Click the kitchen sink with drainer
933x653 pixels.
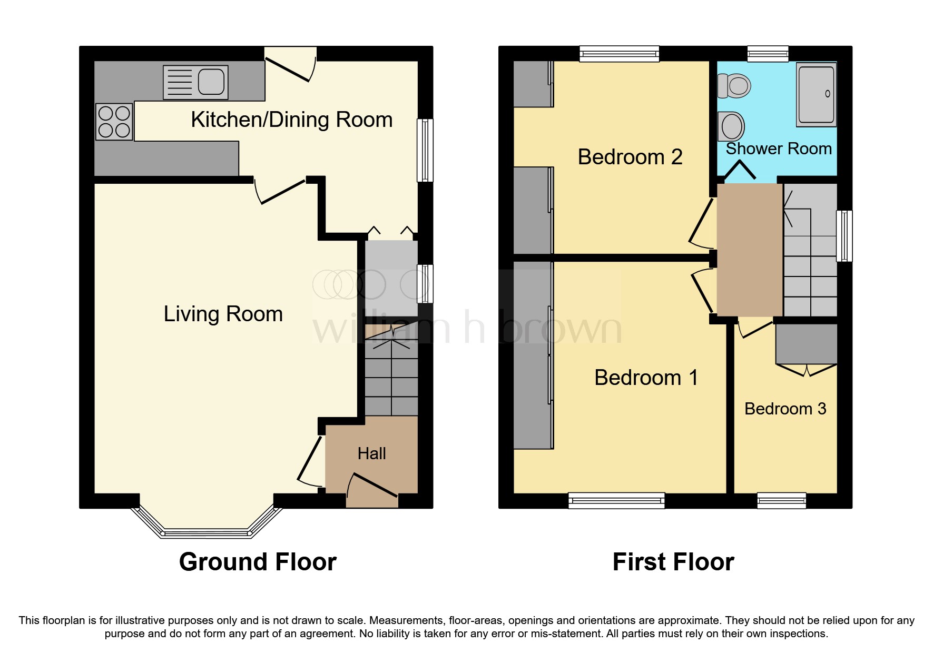point(195,82)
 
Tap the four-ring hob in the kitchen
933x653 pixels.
point(114,122)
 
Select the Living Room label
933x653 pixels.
point(223,314)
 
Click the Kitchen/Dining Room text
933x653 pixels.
point(291,120)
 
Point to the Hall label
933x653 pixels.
point(371,453)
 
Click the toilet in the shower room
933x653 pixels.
point(734,86)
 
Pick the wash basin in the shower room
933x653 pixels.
point(731,126)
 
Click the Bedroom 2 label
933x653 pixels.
point(630,157)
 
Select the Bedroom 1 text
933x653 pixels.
point(646,378)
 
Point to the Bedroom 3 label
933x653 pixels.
point(785,409)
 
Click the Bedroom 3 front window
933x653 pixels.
point(781,500)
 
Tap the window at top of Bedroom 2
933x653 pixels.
point(619,54)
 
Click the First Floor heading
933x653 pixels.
point(673,562)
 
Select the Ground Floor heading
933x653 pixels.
point(258,562)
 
